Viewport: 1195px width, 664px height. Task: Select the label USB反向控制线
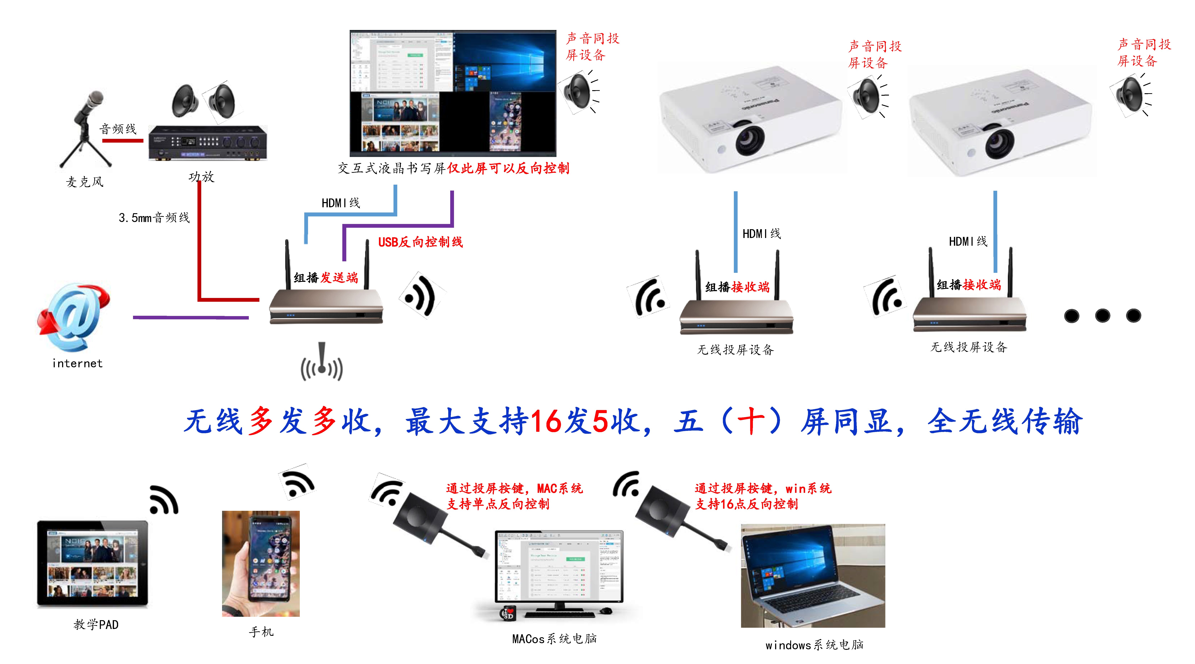click(420, 242)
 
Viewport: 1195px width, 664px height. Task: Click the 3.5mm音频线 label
click(154, 218)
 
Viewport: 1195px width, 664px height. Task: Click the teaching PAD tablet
click(93, 563)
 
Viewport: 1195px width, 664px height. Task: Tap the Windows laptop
click(813, 575)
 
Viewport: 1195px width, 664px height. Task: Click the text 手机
click(261, 631)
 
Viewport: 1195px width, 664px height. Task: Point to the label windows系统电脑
click(814, 644)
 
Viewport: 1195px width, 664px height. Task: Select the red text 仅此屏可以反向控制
click(508, 168)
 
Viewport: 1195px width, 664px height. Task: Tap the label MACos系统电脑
click(554, 639)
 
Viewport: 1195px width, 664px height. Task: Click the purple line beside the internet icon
click(190, 317)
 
